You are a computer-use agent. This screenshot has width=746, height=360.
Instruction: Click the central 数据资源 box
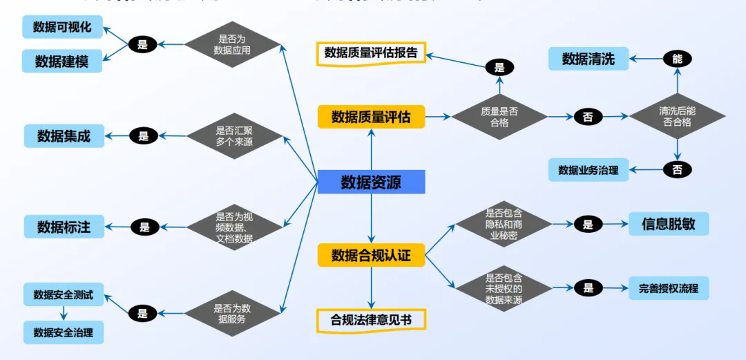pos(371,182)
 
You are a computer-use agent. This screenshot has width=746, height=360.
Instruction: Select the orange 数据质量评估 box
pos(371,117)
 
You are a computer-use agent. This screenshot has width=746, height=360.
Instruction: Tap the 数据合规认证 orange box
pos(371,256)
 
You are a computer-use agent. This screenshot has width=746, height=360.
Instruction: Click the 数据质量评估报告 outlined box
pos(371,53)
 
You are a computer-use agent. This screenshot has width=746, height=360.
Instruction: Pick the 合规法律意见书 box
pos(371,320)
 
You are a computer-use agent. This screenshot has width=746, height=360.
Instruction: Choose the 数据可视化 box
pos(62,28)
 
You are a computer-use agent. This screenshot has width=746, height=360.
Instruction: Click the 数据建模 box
pos(62,61)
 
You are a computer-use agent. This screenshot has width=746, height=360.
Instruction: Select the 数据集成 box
pos(64,136)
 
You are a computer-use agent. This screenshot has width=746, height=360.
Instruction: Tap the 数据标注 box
pos(64,227)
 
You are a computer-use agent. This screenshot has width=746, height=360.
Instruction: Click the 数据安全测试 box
pos(64,295)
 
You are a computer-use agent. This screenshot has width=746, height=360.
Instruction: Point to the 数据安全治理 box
pos(64,332)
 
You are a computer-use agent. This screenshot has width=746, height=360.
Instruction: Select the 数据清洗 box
pos(589,59)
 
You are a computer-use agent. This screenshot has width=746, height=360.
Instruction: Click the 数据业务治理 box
pos(589,169)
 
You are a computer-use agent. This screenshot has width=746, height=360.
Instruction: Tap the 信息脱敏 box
pos(668,224)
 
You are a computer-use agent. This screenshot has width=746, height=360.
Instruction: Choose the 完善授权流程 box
pos(668,288)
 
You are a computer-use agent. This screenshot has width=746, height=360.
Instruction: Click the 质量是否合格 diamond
pos(499,117)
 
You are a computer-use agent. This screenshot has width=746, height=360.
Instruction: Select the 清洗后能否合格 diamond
pos(677,117)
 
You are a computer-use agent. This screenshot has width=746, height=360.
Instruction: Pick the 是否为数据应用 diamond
pos(232,45)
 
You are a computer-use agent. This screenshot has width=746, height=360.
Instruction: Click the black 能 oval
pos(677,59)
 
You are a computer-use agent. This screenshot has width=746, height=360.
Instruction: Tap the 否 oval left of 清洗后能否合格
pos(588,117)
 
